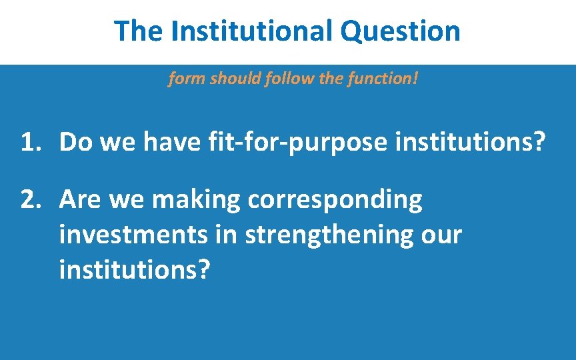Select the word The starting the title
137,31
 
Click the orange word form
187,79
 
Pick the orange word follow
290,79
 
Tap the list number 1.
31,142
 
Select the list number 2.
31,199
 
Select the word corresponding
335,199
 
